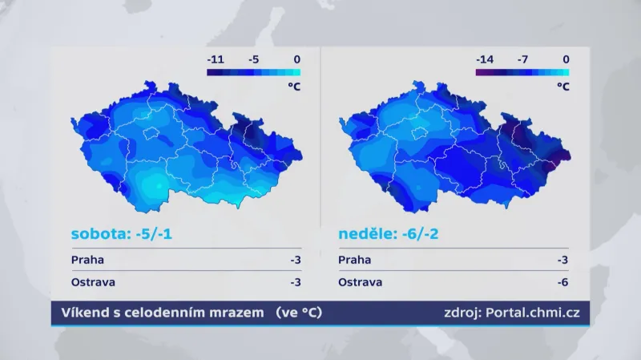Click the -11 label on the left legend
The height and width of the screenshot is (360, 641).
coord(216,59)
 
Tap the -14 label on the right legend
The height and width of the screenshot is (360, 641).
coord(485,59)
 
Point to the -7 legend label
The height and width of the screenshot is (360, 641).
coord(523,59)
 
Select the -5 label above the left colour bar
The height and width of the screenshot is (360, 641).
coord(254,59)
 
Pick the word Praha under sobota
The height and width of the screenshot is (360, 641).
coord(87,260)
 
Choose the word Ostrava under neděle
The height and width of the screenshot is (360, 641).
coord(361,282)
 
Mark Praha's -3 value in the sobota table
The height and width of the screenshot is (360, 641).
coord(295,260)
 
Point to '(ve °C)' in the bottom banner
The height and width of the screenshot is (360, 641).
coord(298,313)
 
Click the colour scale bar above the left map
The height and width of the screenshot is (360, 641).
coord(253,72)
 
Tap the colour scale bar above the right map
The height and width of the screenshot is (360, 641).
coord(522,72)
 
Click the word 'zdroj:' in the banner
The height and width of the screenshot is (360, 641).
coord(460,313)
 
